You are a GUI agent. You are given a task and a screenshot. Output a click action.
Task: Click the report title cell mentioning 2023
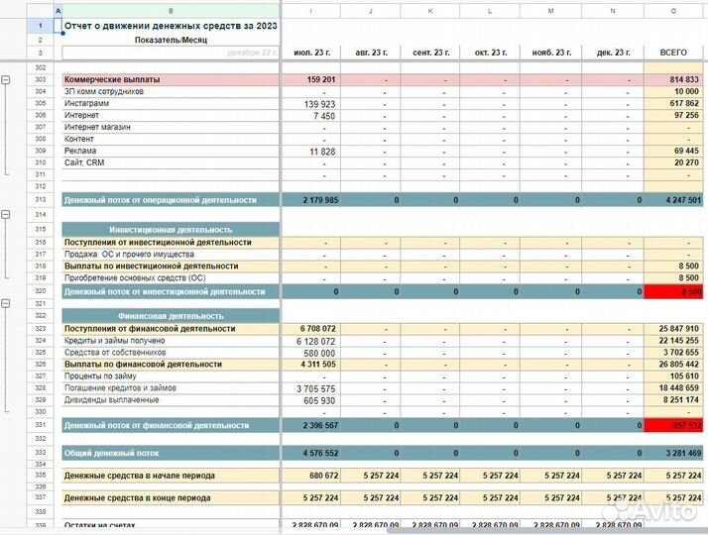coord(170,26)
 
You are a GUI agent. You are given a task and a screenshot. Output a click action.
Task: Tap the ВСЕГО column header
coord(673,53)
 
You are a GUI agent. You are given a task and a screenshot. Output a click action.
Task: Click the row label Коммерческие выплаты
coord(112,79)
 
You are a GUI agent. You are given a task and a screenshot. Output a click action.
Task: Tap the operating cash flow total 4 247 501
coord(673,200)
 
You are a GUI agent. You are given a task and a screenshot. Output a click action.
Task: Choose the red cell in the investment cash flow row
coord(673,292)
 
